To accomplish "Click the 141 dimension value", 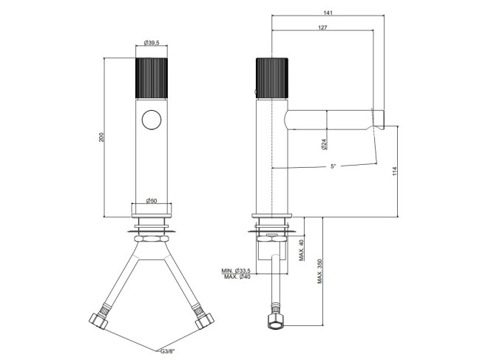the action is pyautogui.click(x=328, y=13).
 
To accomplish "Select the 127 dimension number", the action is pyautogui.click(x=322, y=27).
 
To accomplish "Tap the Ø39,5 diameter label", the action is pyautogui.click(x=152, y=43).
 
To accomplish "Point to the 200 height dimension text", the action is pyautogui.click(x=101, y=137).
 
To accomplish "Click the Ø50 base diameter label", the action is pyautogui.click(x=152, y=200).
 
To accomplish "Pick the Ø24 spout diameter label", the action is pyautogui.click(x=324, y=144).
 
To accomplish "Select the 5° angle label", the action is pyautogui.click(x=333, y=166).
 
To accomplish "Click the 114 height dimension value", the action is pyautogui.click(x=395, y=171).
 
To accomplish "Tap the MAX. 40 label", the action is pyautogui.click(x=301, y=250).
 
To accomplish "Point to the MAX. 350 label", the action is pyautogui.click(x=319, y=271).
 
